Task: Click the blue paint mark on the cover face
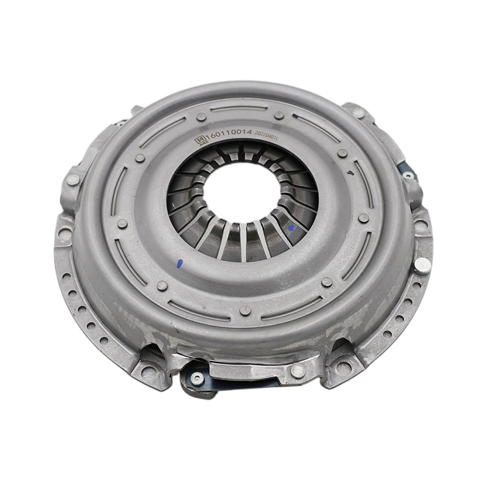click(179, 265)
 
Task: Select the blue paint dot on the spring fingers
click(290, 227)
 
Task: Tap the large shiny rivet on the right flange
click(421, 264)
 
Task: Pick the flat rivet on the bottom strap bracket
click(298, 370)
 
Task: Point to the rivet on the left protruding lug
click(73, 180)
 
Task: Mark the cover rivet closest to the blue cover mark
click(161, 285)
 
